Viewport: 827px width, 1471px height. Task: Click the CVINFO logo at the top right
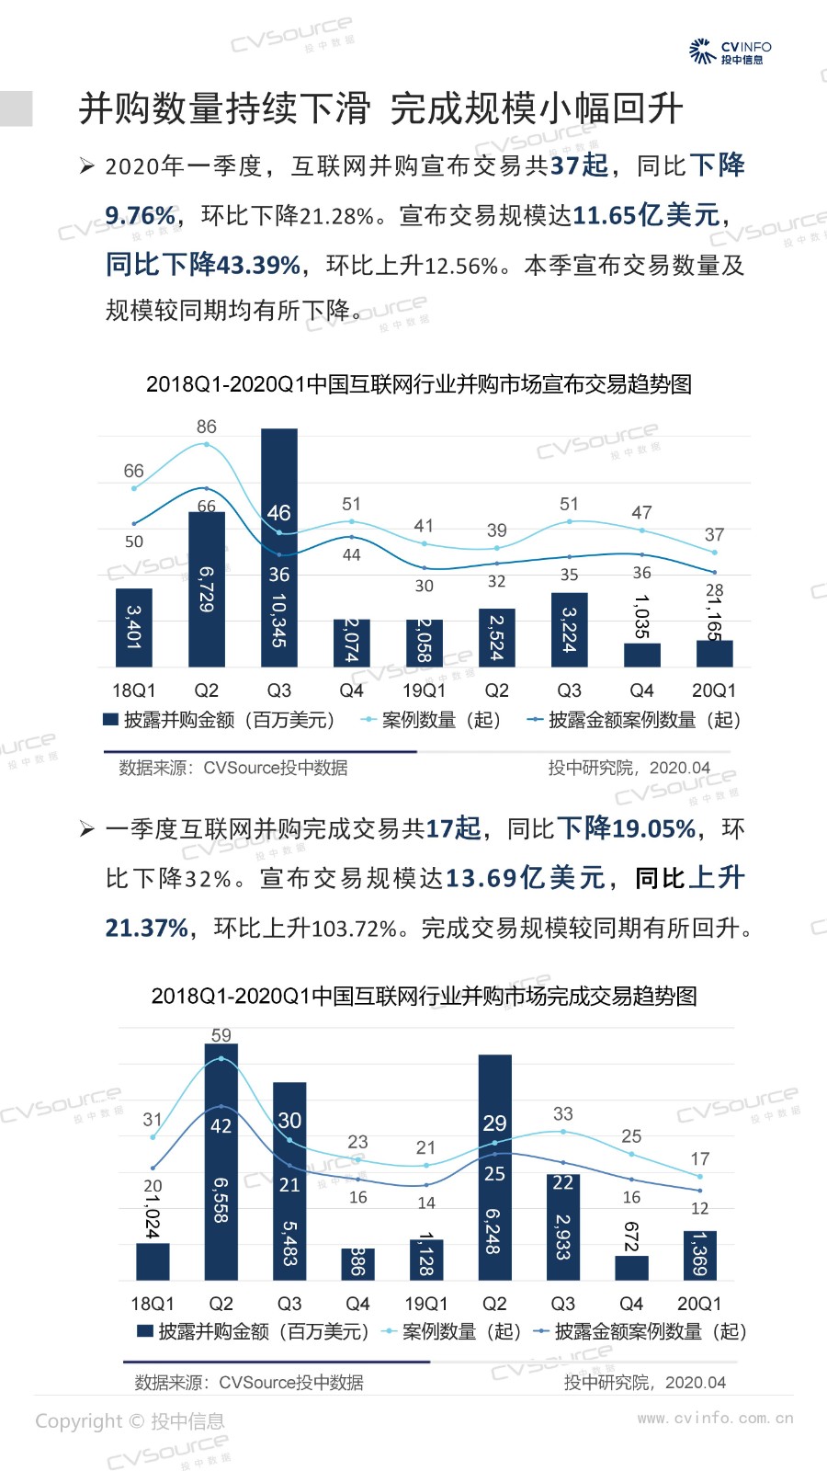click(730, 51)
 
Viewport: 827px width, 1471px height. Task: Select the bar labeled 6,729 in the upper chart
click(207, 588)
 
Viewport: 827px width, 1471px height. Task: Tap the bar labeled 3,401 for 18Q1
click(134, 627)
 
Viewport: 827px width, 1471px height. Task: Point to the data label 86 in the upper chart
click(207, 427)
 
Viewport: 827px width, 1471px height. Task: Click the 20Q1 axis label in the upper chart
click(714, 690)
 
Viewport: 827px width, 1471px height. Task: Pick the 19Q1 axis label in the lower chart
click(426, 1304)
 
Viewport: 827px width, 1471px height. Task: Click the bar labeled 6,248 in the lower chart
click(494, 1168)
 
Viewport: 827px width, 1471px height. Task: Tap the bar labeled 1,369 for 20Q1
click(700, 1255)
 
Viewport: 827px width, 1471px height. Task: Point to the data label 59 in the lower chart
click(221, 1035)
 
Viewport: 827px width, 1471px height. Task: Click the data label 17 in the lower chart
click(700, 1158)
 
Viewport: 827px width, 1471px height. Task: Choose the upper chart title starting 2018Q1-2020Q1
click(419, 384)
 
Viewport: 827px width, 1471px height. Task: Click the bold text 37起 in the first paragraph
click(579, 165)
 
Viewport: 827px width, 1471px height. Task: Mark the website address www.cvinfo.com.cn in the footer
click(715, 1418)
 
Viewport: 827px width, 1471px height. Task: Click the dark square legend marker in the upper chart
click(111, 720)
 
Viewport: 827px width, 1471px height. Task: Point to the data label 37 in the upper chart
click(714, 534)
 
